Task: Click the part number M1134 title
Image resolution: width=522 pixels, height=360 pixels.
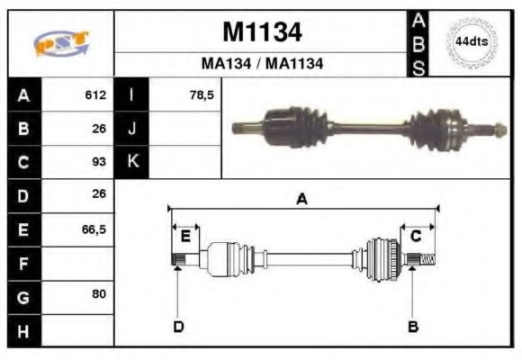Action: (x=262, y=32)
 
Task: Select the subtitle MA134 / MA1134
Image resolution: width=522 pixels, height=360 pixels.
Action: (x=262, y=64)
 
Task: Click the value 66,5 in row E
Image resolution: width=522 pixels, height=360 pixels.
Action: (x=94, y=229)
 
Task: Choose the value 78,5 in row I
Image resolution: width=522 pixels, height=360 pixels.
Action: (x=202, y=95)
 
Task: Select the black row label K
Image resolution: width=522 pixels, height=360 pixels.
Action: (x=131, y=162)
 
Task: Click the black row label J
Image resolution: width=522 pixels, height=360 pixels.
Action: (x=131, y=129)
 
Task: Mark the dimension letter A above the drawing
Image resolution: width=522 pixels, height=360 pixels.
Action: (x=302, y=200)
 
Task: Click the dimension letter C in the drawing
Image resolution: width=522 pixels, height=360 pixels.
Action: (x=417, y=236)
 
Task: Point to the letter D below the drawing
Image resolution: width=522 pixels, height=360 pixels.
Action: (x=178, y=326)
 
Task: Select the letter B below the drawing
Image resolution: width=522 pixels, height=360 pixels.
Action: (x=413, y=326)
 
